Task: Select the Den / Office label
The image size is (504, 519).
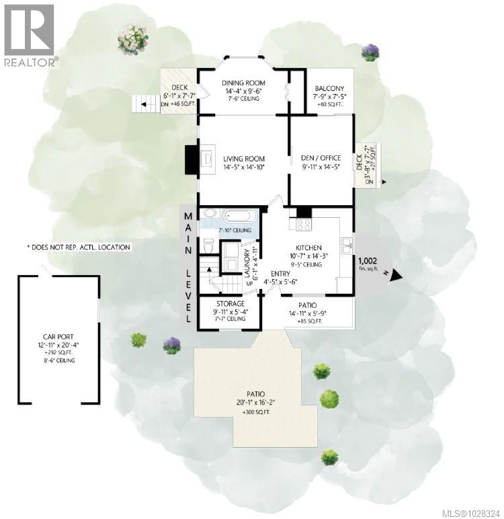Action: [x=321, y=159]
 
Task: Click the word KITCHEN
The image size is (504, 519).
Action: [x=308, y=247]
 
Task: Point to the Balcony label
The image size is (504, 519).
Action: [x=329, y=88]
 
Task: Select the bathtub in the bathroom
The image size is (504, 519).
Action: [x=239, y=217]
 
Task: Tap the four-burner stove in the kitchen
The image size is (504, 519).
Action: [x=303, y=223]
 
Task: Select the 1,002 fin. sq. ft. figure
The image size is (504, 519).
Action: [x=368, y=263]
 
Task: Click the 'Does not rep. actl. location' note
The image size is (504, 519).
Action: [x=79, y=247]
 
